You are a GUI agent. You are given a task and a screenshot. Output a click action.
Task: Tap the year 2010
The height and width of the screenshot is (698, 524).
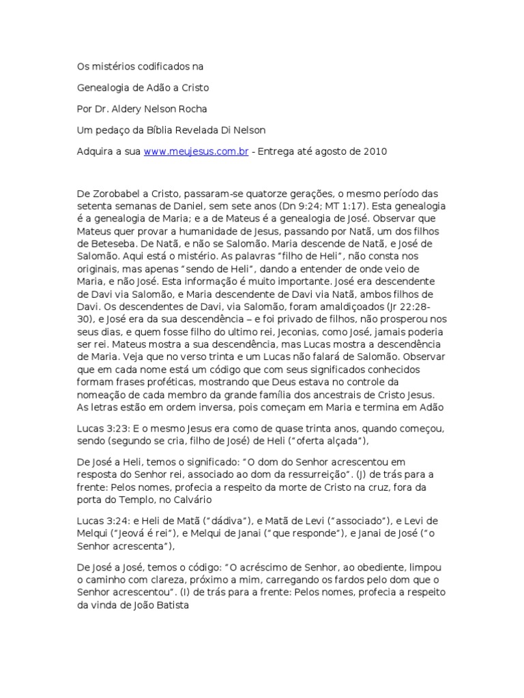point(373,151)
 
